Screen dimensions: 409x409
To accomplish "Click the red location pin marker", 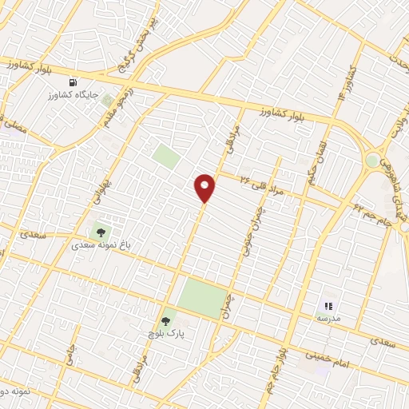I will pos(205,186).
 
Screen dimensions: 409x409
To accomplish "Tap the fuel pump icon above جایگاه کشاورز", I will pos(74,83).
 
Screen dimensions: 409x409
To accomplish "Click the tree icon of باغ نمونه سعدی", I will pos(101,232).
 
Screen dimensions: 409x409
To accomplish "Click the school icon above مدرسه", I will pos(328,305).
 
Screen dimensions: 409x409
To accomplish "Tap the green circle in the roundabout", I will pos(373,160).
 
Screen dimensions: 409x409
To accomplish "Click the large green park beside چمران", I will pos(201,297).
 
